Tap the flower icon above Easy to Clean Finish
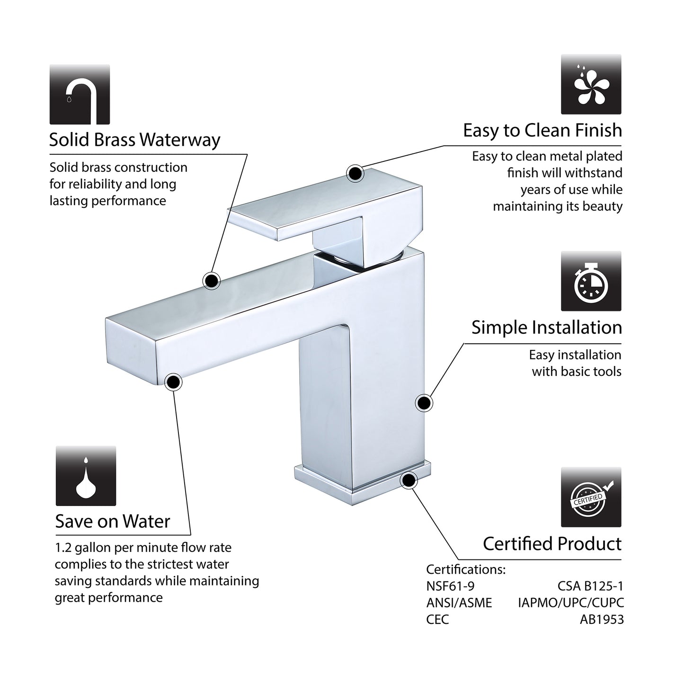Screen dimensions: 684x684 [591, 84]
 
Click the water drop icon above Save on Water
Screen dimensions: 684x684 [86, 476]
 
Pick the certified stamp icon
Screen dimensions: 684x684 [591, 497]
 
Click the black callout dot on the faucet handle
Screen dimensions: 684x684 [355, 174]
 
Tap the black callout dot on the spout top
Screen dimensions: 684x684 [212, 281]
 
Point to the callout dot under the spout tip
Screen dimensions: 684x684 [173, 382]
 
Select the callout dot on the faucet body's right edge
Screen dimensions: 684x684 [424, 403]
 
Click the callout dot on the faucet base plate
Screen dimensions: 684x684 [409, 480]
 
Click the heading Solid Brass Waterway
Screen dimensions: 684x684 [134, 140]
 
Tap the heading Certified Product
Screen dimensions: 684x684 [552, 543]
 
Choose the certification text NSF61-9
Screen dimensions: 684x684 [450, 586]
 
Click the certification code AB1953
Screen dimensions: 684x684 [602, 620]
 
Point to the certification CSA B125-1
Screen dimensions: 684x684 [590, 586]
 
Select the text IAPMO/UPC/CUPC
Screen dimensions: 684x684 [571, 603]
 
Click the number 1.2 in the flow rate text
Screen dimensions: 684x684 [63, 548]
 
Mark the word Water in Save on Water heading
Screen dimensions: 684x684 [147, 522]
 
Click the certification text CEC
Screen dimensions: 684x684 [437, 620]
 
